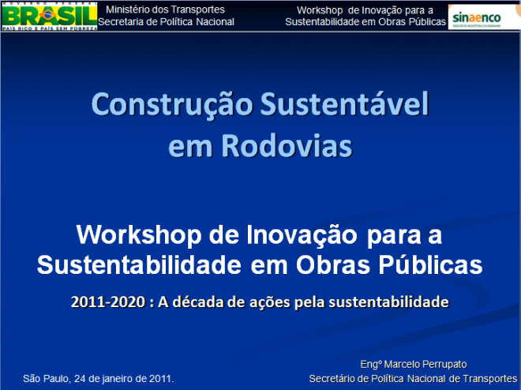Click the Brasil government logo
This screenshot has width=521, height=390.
pyautogui.click(x=49, y=16)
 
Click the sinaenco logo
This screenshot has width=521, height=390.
pyautogui.click(x=483, y=16)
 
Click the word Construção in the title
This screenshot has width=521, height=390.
pyautogui.click(x=166, y=105)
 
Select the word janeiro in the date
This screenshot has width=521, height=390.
pyautogui.click(x=122, y=378)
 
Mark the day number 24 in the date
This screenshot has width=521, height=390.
pyautogui.click(x=82, y=378)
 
